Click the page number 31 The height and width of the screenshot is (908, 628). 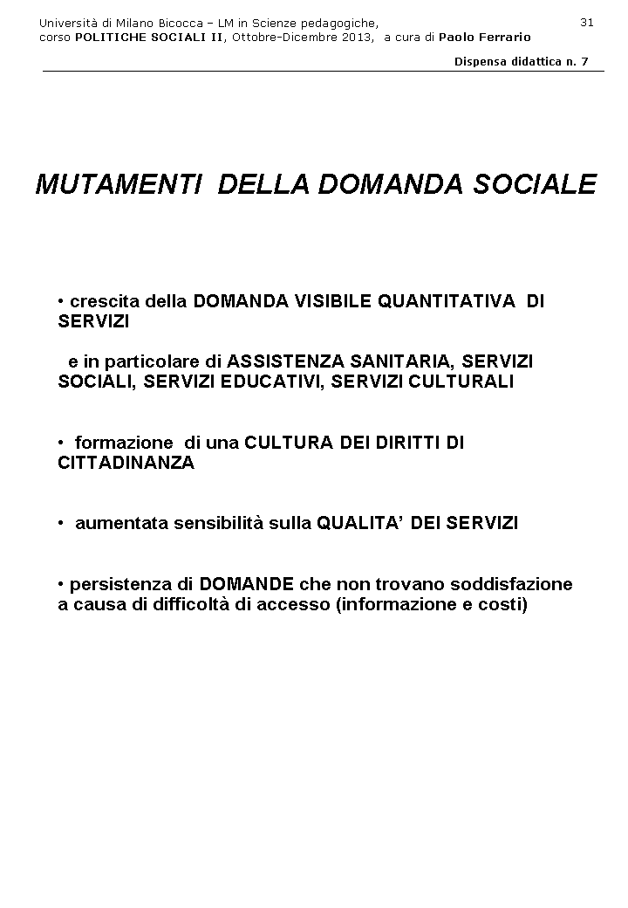[586, 22]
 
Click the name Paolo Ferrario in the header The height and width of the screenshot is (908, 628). [484, 37]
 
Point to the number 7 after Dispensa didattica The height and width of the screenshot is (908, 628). [585, 61]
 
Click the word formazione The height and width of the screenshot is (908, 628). [124, 443]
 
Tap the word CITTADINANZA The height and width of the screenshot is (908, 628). [126, 463]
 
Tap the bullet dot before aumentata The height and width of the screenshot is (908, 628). [62, 523]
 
